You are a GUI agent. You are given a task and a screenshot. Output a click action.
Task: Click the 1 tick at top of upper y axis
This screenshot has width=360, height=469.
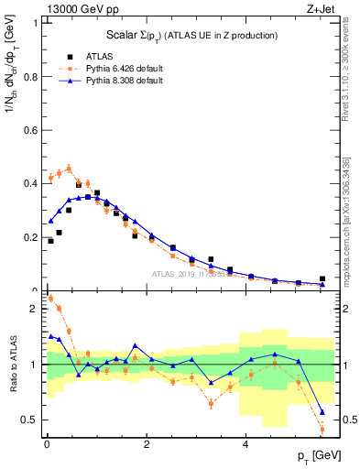click(37, 23)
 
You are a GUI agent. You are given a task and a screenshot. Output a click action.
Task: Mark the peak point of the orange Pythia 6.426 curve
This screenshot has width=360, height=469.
click(69, 168)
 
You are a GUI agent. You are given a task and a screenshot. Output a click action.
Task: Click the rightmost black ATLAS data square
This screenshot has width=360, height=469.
click(322, 278)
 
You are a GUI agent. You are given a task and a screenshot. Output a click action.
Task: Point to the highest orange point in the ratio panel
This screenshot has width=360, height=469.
click(49, 298)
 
